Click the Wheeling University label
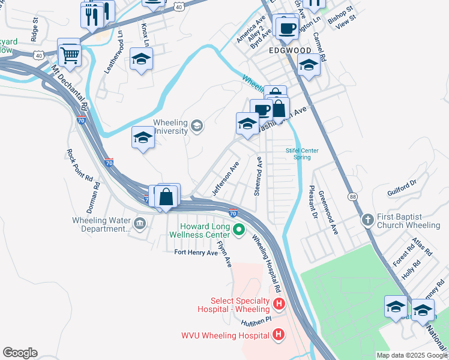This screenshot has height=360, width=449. pyautogui.click(x=171, y=127)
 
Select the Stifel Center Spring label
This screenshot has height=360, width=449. pyautogui.click(x=302, y=154)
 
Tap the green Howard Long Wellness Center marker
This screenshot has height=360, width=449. pyautogui.click(x=239, y=229)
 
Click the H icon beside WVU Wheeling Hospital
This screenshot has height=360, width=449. pyautogui.click(x=278, y=334)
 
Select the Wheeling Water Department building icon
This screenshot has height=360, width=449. pyautogui.click(x=140, y=224)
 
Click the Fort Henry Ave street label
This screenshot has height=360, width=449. pyautogui.click(x=196, y=253)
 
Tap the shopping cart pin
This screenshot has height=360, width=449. pyautogui.click(x=70, y=55)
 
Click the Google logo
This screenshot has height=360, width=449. pyautogui.click(x=20, y=353)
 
